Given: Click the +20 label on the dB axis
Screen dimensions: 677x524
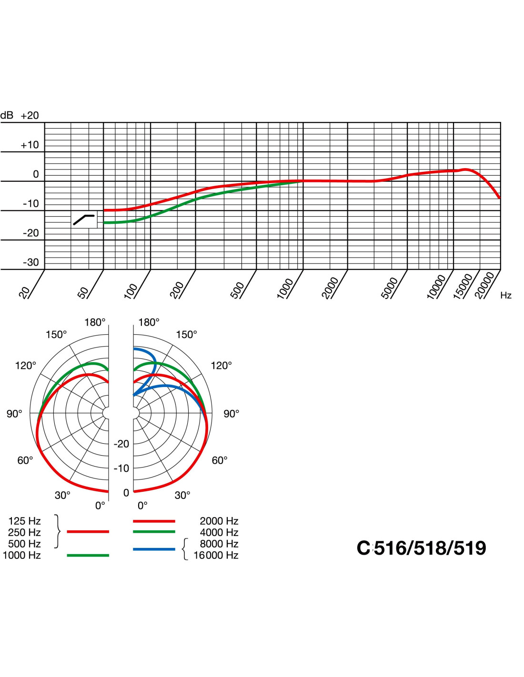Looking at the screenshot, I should point(30,116).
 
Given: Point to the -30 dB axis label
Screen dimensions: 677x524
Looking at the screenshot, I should point(31,262).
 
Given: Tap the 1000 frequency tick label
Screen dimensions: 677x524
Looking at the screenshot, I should point(285,289).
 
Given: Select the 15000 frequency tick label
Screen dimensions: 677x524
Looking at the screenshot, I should point(463,286).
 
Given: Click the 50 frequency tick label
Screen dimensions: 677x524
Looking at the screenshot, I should point(83,292).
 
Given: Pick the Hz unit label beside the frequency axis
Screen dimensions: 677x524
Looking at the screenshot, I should point(505,296).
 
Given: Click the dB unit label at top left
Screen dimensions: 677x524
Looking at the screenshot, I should point(7,116).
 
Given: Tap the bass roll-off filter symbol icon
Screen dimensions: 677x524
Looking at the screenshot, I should point(84,219).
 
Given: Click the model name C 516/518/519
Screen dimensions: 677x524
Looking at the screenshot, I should point(421,548).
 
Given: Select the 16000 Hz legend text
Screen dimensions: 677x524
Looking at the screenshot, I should point(216,556).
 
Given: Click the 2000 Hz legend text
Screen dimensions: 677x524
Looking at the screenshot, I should point(219,521).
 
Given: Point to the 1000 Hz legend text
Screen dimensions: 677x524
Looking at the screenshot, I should point(22,556).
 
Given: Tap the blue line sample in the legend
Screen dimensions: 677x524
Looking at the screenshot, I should point(154,549).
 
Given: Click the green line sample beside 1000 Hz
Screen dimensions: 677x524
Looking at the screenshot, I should point(88,555).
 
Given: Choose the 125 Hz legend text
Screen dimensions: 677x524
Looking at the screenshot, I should point(25,521).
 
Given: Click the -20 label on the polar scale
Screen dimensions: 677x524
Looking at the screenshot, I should point(121,444).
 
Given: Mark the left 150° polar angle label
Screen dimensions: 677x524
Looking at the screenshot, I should point(56,335).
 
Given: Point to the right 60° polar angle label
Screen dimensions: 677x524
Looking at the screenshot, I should point(219,460).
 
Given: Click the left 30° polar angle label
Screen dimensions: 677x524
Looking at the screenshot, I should point(62,496).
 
